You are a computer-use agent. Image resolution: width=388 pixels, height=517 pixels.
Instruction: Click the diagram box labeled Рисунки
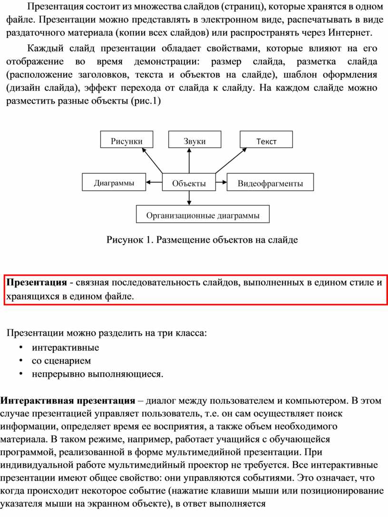[126, 140]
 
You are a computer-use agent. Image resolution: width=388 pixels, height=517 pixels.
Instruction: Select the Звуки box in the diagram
[194, 140]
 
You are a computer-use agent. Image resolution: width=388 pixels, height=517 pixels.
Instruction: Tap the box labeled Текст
[266, 140]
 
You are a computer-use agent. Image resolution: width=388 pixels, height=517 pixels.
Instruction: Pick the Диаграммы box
[114, 182]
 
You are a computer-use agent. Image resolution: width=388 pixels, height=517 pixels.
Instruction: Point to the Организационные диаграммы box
[203, 215]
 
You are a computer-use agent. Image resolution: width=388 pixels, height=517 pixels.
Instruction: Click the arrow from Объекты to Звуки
[190, 161]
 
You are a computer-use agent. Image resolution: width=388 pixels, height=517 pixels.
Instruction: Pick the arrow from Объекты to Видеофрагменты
[221, 181]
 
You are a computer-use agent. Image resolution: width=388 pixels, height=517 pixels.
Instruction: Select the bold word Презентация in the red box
[36, 283]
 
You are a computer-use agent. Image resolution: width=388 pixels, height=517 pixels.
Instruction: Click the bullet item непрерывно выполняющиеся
[97, 374]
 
